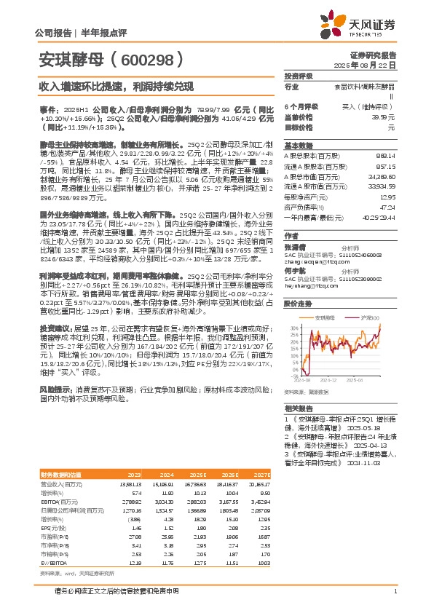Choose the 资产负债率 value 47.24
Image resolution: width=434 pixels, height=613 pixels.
click(387, 207)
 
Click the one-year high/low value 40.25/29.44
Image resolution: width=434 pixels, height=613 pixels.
click(379, 217)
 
